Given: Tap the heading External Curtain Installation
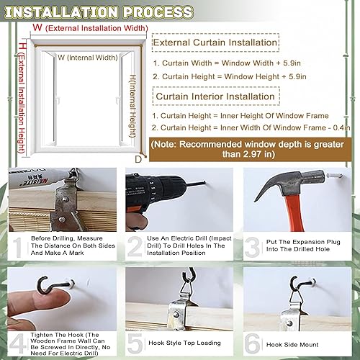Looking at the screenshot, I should click(215, 42).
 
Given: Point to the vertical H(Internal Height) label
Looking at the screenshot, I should click(132, 108).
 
